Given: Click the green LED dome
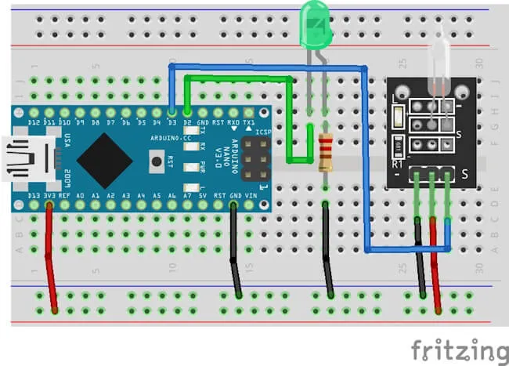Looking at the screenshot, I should (316, 24).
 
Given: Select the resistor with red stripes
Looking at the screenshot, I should (326, 151).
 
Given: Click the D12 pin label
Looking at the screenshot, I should (34, 123).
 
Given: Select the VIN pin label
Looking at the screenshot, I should (250, 195).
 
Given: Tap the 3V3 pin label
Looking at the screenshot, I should (49, 195).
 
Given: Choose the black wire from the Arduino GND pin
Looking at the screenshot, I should (235, 251).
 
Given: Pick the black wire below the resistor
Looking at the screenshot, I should (327, 251).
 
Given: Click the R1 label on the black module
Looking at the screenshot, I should (397, 164).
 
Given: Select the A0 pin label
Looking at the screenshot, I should (80, 195).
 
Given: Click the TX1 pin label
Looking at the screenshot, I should (250, 123).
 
